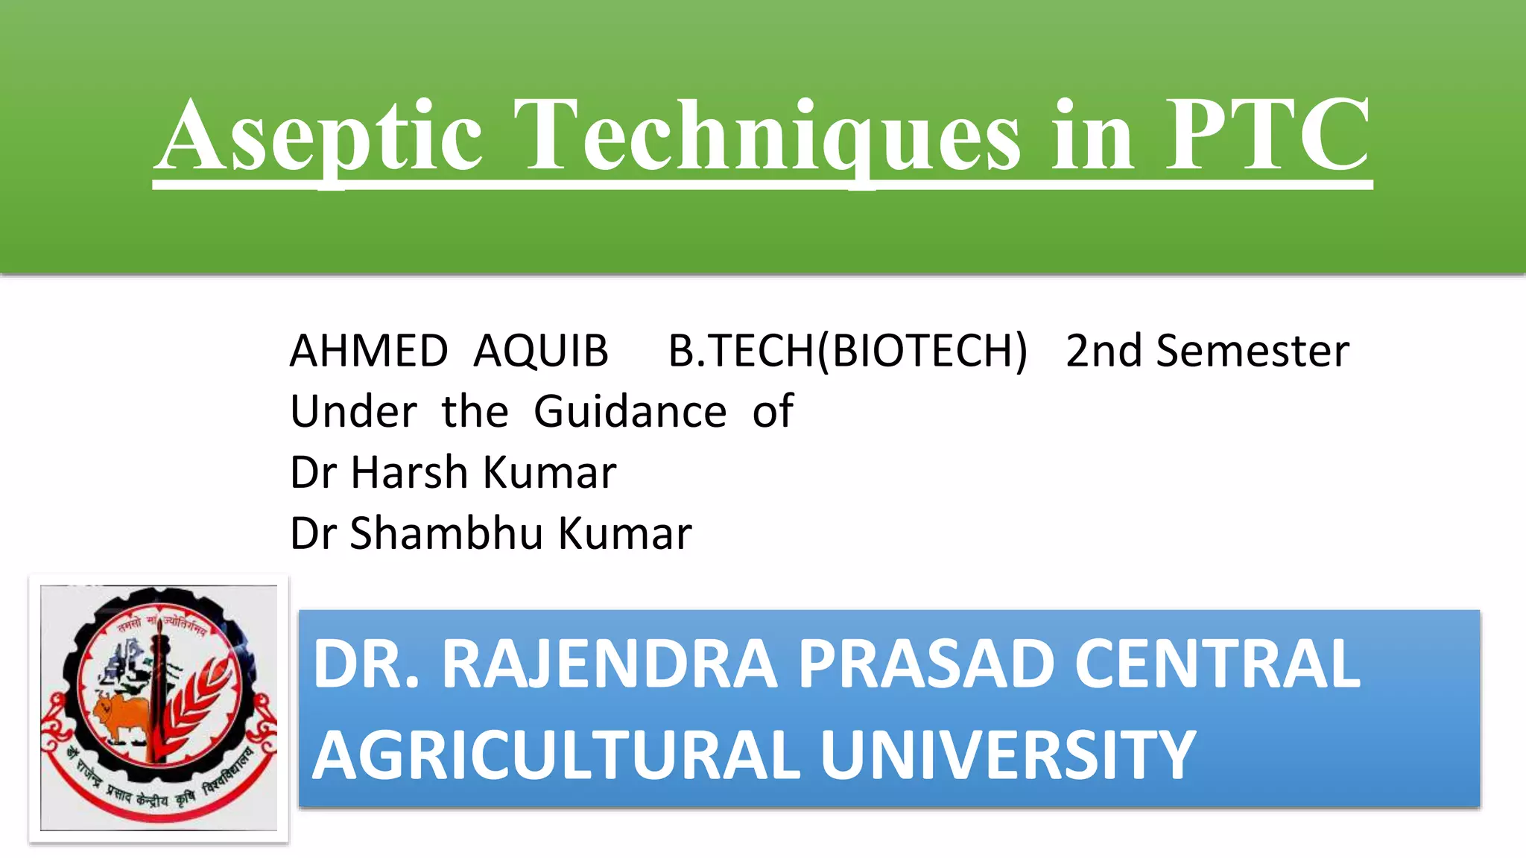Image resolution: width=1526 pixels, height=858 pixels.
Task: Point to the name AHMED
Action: coord(369,351)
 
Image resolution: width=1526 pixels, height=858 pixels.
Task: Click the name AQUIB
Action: coord(541,351)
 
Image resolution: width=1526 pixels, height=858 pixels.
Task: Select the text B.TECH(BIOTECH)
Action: coord(847,351)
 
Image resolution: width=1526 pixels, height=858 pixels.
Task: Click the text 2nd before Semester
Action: coord(1103,351)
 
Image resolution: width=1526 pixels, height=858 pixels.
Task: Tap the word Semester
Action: coord(1253,351)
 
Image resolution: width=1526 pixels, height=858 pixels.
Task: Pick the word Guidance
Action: coord(630,412)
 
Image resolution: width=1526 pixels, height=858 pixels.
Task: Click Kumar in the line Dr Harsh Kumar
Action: coord(550,473)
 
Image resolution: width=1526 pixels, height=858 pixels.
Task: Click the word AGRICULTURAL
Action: coord(556,755)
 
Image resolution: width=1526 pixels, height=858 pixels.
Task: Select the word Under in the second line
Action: coord(354,412)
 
